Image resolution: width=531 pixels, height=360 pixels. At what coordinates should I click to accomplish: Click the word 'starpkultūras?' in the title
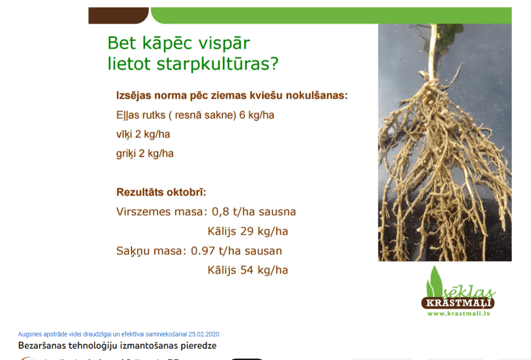tap(217, 64)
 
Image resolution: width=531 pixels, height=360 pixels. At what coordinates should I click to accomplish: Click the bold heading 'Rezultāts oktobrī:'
tap(161, 192)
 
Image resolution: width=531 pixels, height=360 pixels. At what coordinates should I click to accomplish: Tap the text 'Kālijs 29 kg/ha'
tap(247, 232)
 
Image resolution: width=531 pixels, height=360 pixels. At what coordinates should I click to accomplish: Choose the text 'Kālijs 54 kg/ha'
tap(247, 270)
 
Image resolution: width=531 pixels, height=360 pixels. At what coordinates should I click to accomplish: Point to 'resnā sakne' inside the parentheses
tap(206, 115)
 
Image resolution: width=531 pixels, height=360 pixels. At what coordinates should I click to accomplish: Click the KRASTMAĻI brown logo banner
tap(458, 303)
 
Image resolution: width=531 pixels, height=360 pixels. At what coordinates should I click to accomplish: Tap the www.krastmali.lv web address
tap(458, 313)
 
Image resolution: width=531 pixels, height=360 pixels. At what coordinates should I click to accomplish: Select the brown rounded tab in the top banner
tap(118, 15)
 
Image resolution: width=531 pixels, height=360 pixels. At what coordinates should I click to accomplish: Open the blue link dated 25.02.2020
tap(118, 335)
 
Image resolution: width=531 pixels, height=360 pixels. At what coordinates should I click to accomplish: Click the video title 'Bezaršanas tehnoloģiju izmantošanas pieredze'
tap(117, 346)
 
